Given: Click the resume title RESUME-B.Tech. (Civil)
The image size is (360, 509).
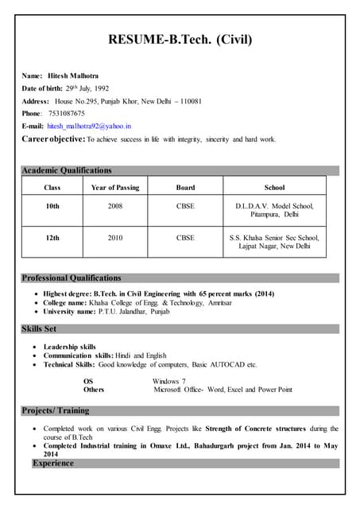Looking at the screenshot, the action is click(180, 39).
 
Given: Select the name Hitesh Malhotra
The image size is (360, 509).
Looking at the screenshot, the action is click(72, 76).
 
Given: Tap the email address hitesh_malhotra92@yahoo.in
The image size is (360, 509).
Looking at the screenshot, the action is click(89, 126).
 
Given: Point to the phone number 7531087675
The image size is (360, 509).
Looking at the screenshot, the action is click(65, 113).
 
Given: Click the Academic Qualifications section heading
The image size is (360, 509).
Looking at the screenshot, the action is click(67, 170).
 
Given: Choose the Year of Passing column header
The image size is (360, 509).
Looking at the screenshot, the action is click(115, 188).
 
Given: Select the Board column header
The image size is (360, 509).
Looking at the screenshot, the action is click(184, 188).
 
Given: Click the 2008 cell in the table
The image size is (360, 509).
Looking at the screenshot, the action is click(115, 206).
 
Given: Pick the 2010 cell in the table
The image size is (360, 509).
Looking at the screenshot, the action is click(115, 237).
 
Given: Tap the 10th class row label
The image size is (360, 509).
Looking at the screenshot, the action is click(52, 206).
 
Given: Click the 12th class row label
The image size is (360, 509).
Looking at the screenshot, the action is click(52, 237).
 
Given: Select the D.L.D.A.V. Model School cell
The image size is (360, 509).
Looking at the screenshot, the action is click(274, 210).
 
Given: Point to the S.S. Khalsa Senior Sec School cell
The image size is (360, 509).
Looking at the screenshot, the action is click(274, 242).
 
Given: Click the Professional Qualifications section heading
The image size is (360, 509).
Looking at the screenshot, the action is click(72, 278).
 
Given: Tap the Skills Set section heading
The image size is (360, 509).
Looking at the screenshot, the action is click(39, 328).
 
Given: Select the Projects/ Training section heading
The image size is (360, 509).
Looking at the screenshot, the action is click(56, 411).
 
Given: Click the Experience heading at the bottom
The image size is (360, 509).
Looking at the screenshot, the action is click(52, 463).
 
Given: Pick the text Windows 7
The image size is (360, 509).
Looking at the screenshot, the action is click(169, 382).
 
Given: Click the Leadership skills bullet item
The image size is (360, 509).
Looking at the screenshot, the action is click(70, 347).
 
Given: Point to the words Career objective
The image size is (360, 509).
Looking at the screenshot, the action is click(52, 139).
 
